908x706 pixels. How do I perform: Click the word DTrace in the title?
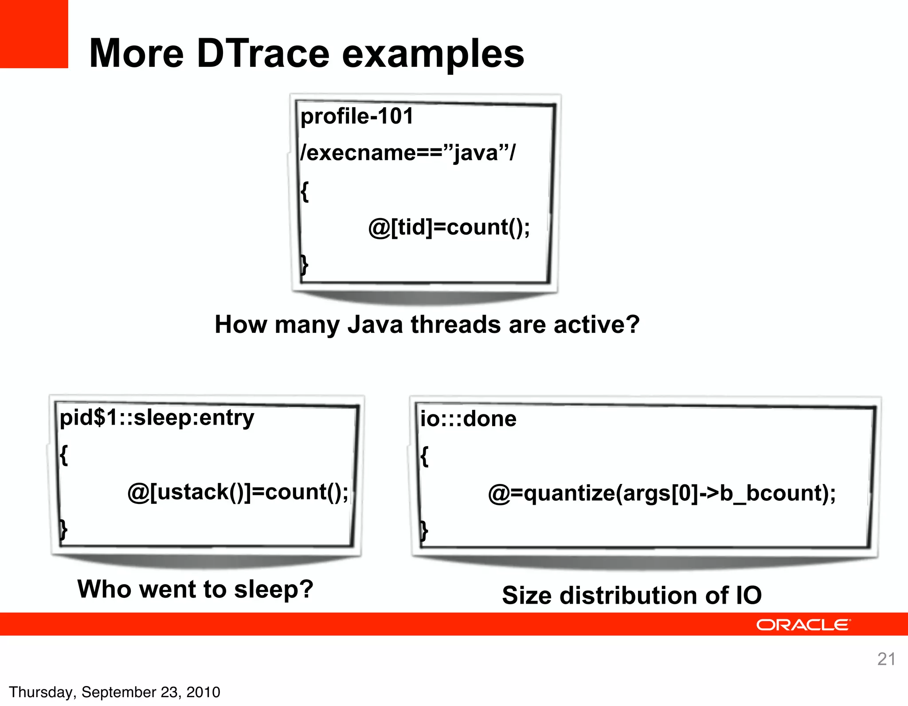click(263, 54)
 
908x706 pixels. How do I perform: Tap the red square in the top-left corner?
click(34, 34)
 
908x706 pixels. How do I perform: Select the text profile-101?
click(357, 117)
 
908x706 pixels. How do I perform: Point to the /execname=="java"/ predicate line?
click(408, 153)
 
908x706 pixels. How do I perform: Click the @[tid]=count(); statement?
click(449, 228)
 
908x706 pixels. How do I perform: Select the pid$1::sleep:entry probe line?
click(157, 418)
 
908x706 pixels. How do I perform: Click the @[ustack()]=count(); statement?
click(238, 492)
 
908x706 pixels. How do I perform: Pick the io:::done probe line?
click(468, 419)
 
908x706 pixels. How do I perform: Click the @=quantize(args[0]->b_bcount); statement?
click(661, 493)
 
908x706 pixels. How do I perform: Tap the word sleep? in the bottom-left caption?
click(274, 590)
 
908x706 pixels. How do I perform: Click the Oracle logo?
click(803, 625)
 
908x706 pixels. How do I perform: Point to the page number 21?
click(886, 659)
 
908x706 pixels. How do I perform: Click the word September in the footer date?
click(118, 692)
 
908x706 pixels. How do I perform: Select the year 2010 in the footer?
click(203, 692)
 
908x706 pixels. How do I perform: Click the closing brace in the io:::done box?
click(424, 530)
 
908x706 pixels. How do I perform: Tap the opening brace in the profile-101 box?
click(305, 191)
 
